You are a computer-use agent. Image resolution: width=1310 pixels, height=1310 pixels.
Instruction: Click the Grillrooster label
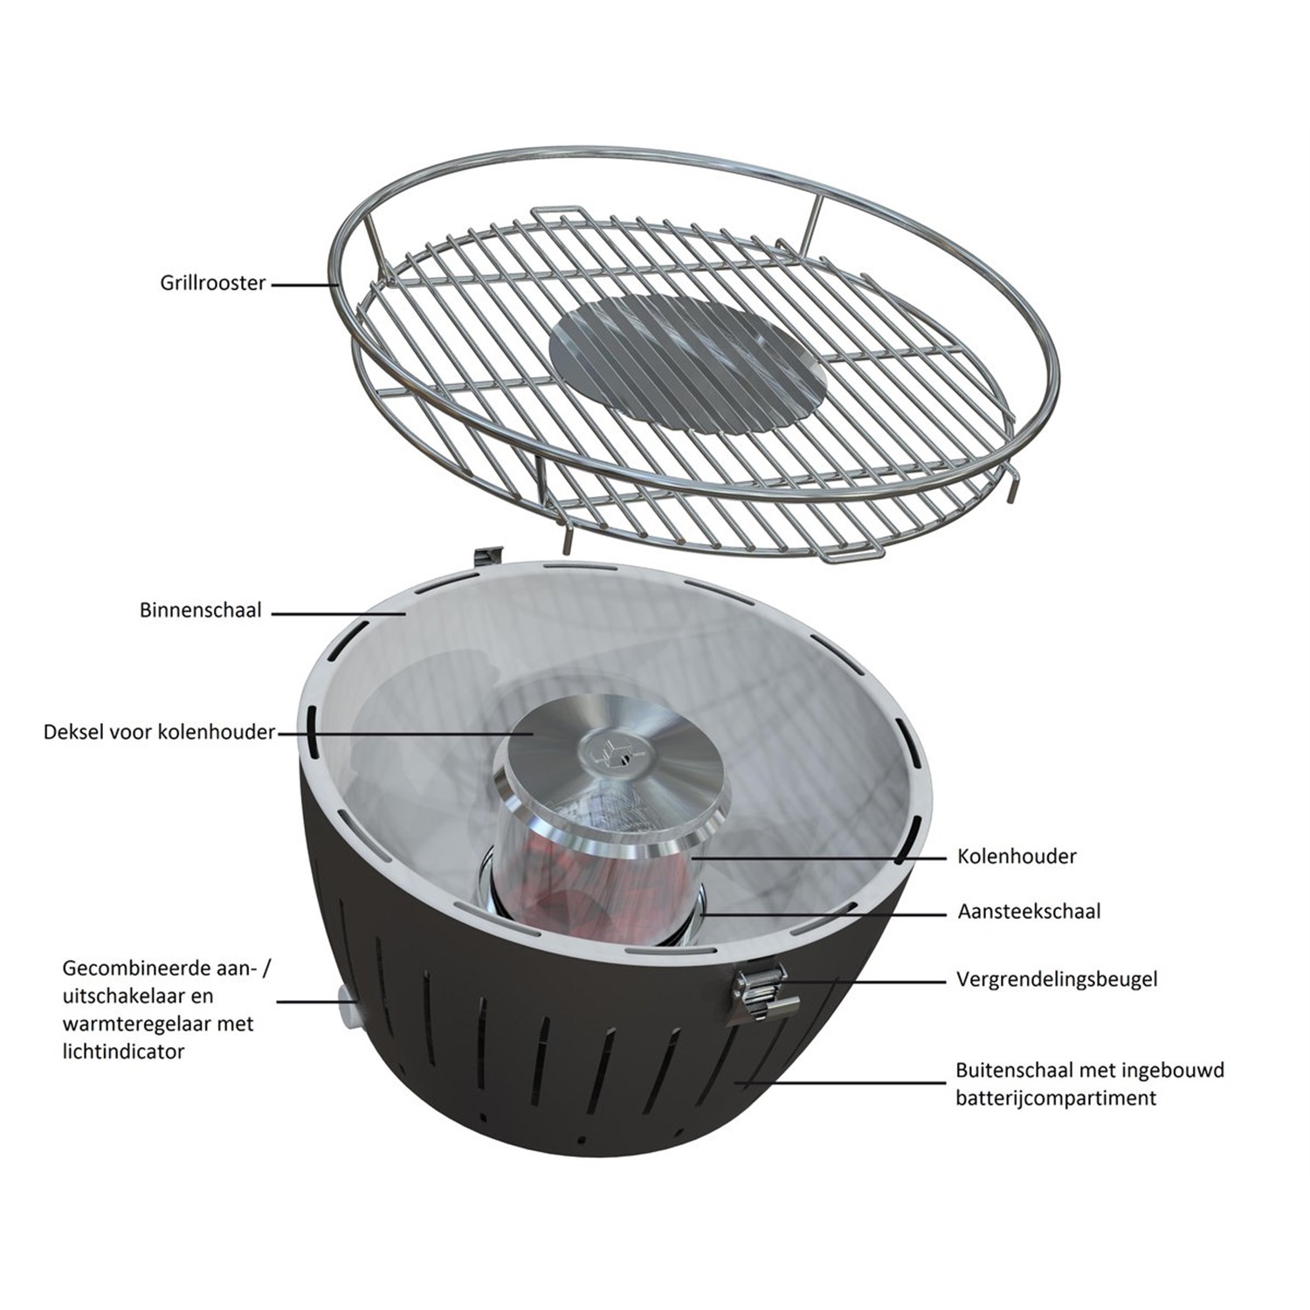point(212,283)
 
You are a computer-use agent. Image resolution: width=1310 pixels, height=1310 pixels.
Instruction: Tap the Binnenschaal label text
point(200,610)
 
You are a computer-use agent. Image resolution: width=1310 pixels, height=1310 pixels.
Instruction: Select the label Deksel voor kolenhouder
point(159,732)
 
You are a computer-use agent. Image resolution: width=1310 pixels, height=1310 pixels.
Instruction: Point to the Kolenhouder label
point(1017,856)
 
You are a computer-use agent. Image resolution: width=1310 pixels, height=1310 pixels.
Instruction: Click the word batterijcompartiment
point(1055,1098)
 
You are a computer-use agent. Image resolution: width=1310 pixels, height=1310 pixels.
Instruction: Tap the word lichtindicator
point(123,1051)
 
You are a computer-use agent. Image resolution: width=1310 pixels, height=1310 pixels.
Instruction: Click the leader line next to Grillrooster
point(305,284)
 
